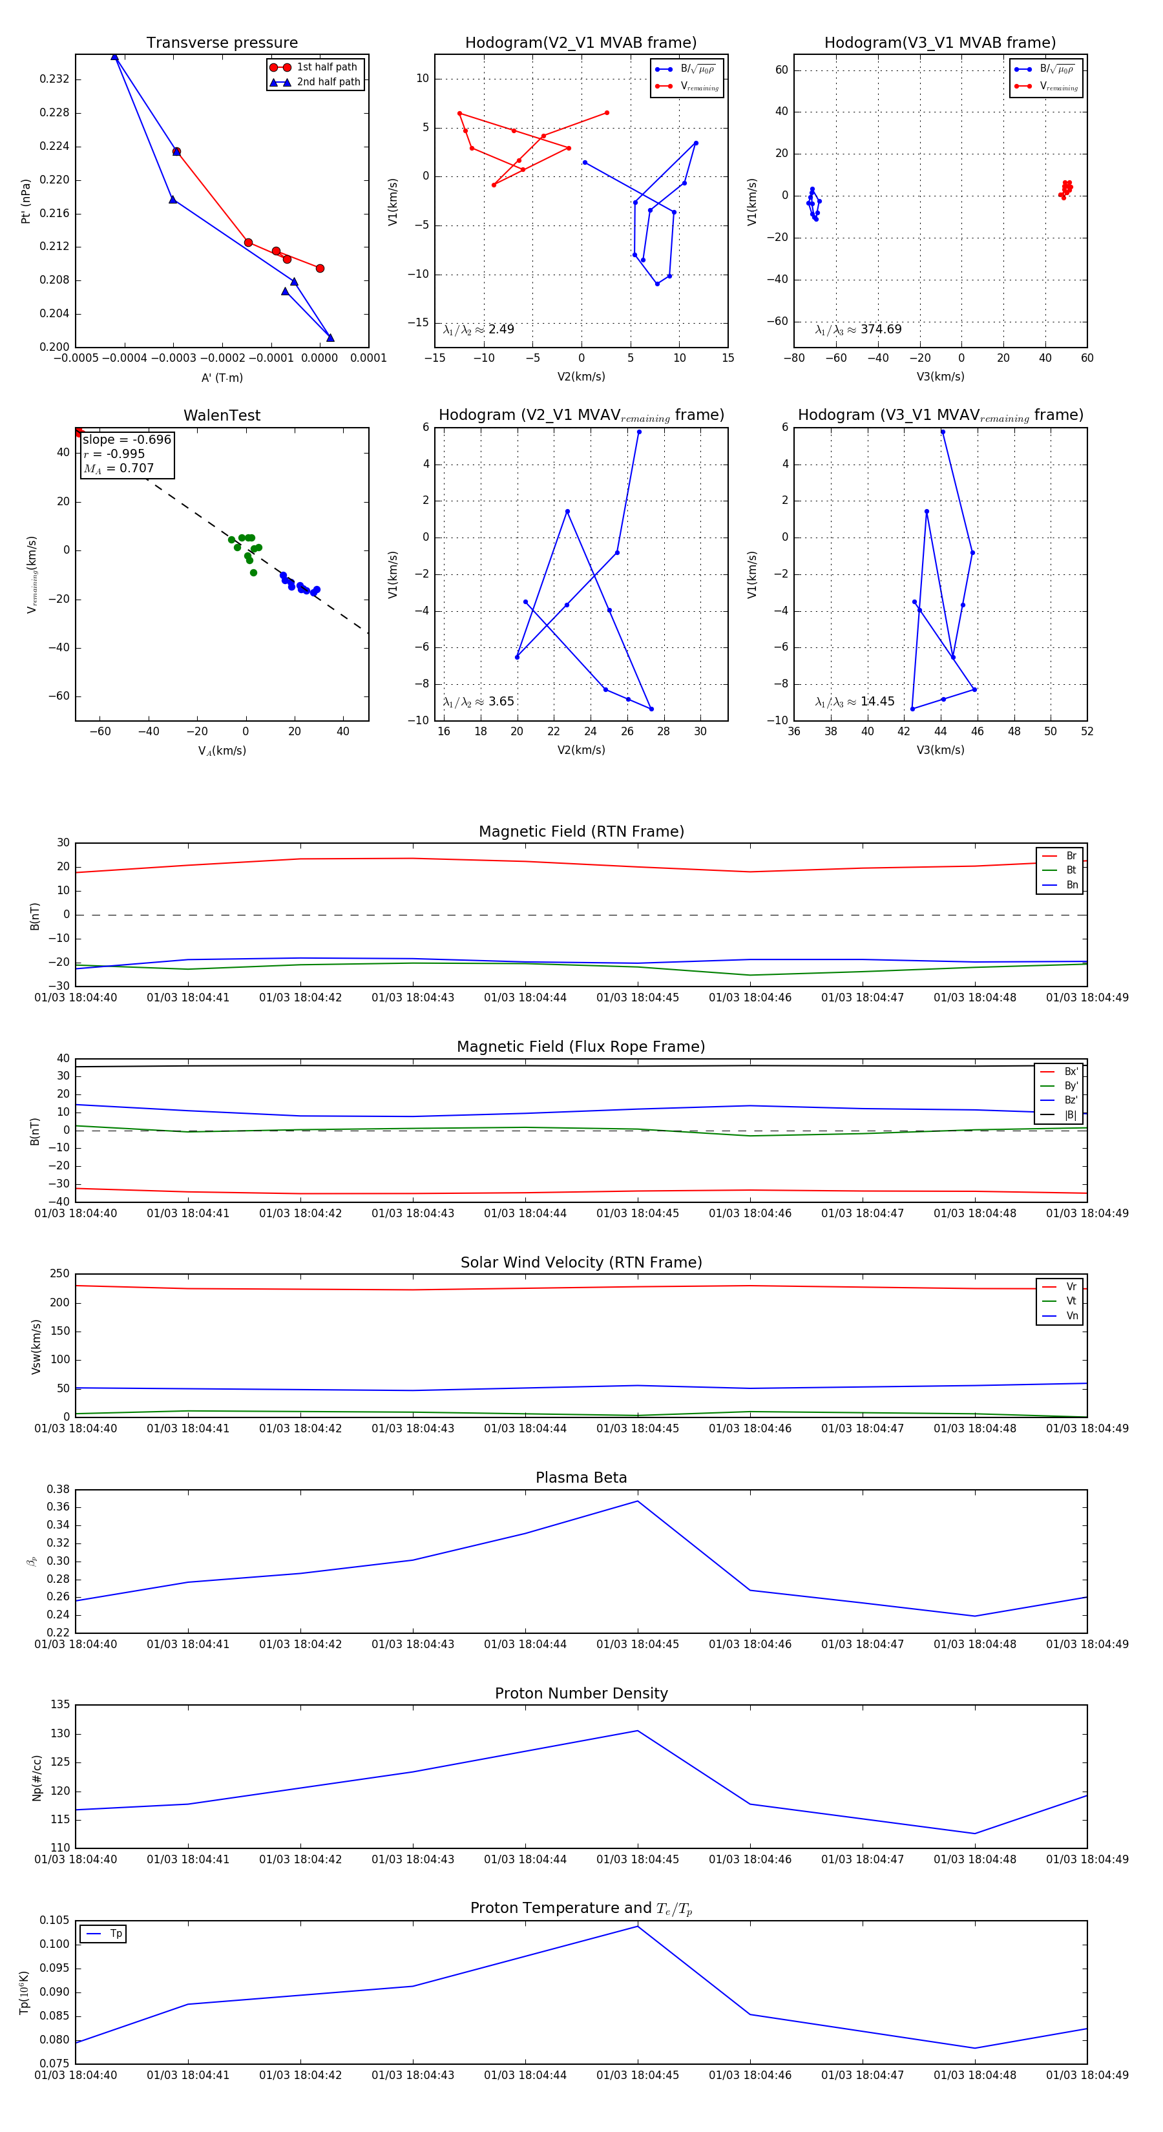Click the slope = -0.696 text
(x=127, y=439)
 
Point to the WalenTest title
(x=222, y=415)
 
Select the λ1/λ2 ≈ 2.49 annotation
(x=478, y=329)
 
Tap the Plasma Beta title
(x=581, y=1478)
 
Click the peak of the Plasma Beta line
(x=637, y=1501)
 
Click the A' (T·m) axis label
(x=222, y=377)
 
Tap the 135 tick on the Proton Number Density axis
(x=61, y=1705)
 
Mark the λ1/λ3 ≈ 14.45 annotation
(x=855, y=702)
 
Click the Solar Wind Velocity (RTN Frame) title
(x=581, y=1262)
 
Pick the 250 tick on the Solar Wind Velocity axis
(x=59, y=1274)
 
